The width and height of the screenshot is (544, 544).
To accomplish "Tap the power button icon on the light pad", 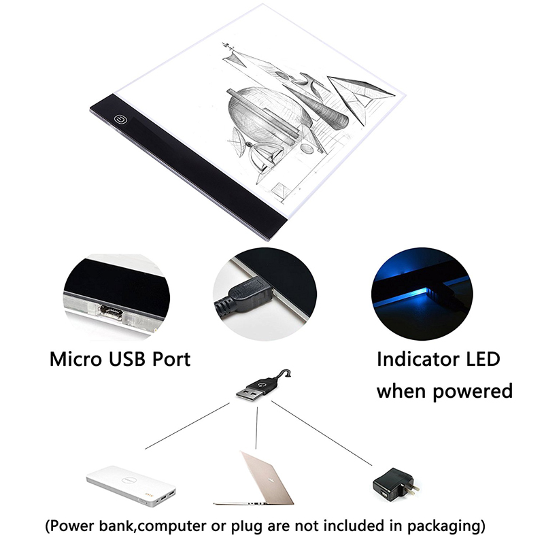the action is (121, 120).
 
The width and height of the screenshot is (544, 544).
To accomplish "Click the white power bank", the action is (131, 486).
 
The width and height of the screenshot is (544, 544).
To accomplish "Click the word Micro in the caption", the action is (76, 359).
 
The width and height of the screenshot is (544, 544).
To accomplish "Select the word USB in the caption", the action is (127, 359).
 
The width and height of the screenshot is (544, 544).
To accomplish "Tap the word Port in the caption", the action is (171, 359).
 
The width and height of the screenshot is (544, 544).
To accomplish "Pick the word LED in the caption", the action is (483, 359).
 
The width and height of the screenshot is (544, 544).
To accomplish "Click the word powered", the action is (473, 392).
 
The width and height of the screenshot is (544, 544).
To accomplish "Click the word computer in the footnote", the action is (174, 526).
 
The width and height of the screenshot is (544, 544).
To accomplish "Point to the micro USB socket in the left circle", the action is (111, 311).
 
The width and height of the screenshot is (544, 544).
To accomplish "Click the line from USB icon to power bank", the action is (188, 426).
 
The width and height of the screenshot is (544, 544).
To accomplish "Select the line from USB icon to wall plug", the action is (322, 433).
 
